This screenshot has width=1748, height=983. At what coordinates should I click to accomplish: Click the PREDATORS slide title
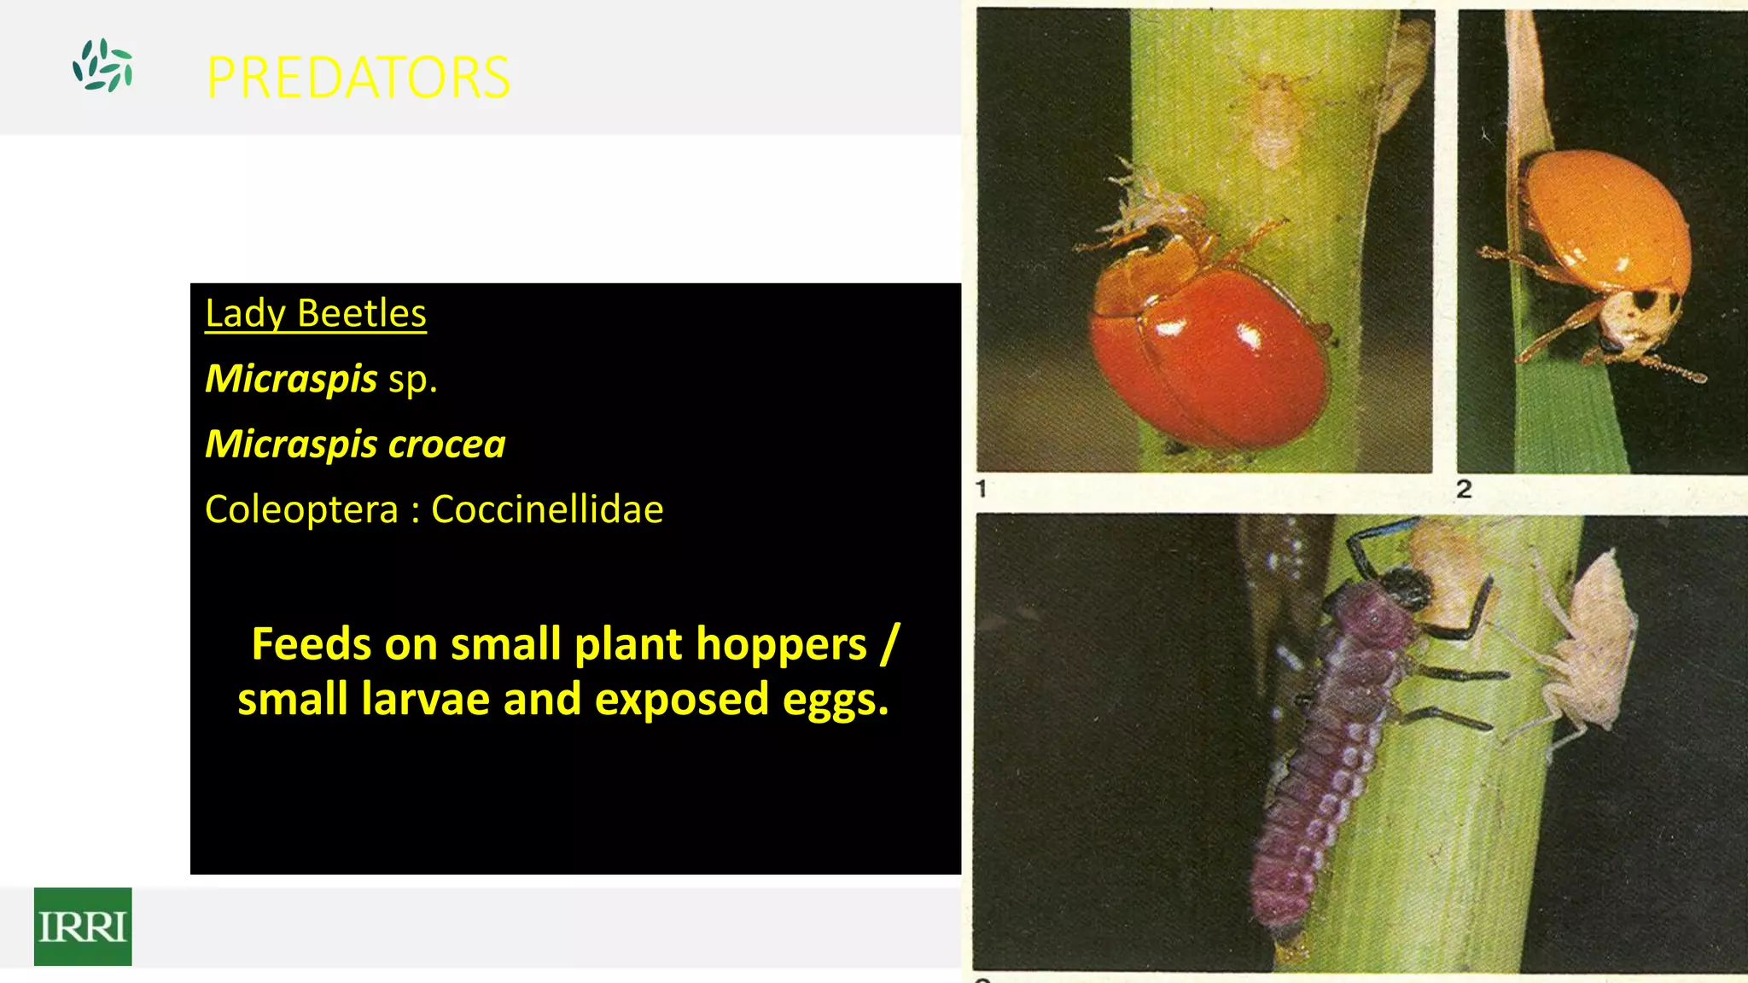pos(358,78)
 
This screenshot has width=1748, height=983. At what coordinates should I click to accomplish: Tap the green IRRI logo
pos(83,927)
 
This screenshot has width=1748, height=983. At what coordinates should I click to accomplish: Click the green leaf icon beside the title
pos(102,66)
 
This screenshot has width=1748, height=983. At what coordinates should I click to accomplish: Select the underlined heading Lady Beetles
pos(316,313)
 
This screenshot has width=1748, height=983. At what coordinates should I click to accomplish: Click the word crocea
pos(447,445)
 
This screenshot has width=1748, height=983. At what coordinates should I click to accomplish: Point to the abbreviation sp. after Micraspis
pos(413,380)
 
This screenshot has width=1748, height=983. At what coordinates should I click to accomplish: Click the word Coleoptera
pos(302,510)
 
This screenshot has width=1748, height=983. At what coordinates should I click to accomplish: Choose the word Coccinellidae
pos(547,510)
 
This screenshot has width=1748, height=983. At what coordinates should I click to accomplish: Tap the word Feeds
pos(312,644)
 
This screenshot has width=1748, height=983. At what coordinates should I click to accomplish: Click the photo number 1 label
pos(982,489)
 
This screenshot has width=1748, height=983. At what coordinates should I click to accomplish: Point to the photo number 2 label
pos(1464,489)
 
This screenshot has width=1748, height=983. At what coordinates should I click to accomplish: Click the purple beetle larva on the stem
pos(1331,751)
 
